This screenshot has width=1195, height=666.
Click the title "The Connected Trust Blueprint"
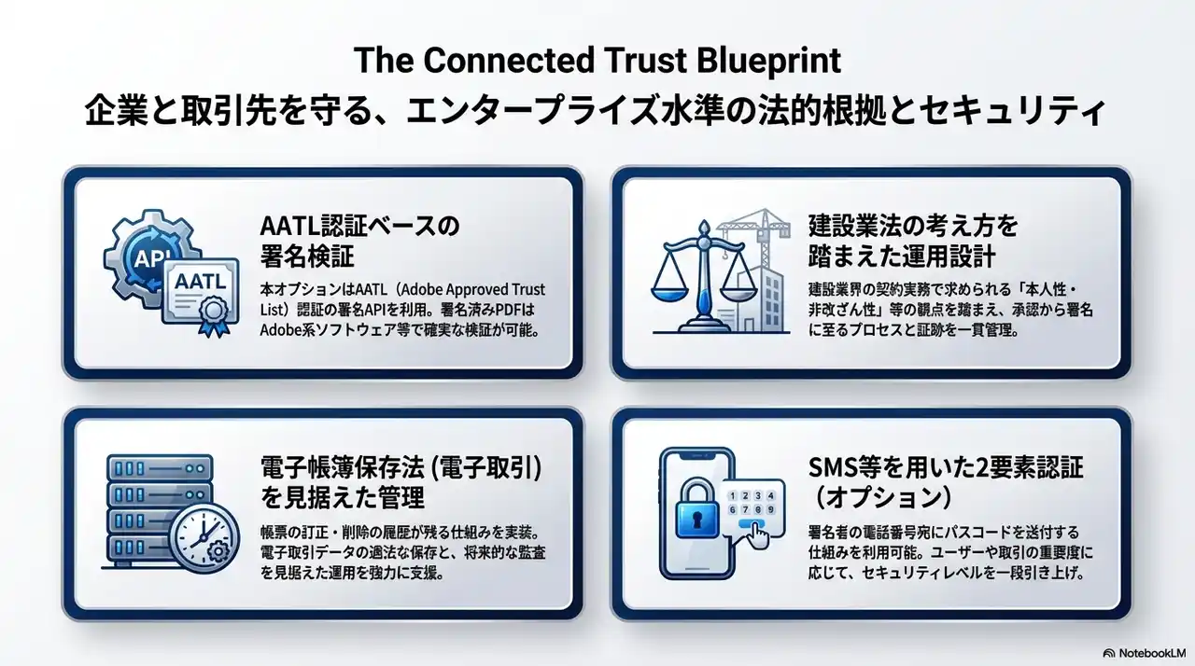tap(597, 61)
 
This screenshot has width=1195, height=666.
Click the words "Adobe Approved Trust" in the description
tap(475, 289)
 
